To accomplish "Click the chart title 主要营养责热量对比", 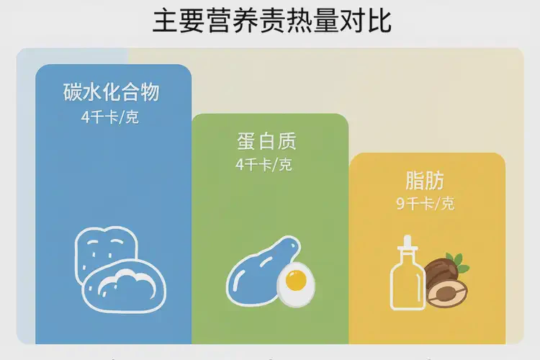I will tap(271, 22).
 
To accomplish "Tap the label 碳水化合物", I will tap(111, 93).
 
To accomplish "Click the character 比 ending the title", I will tap(379, 22).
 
